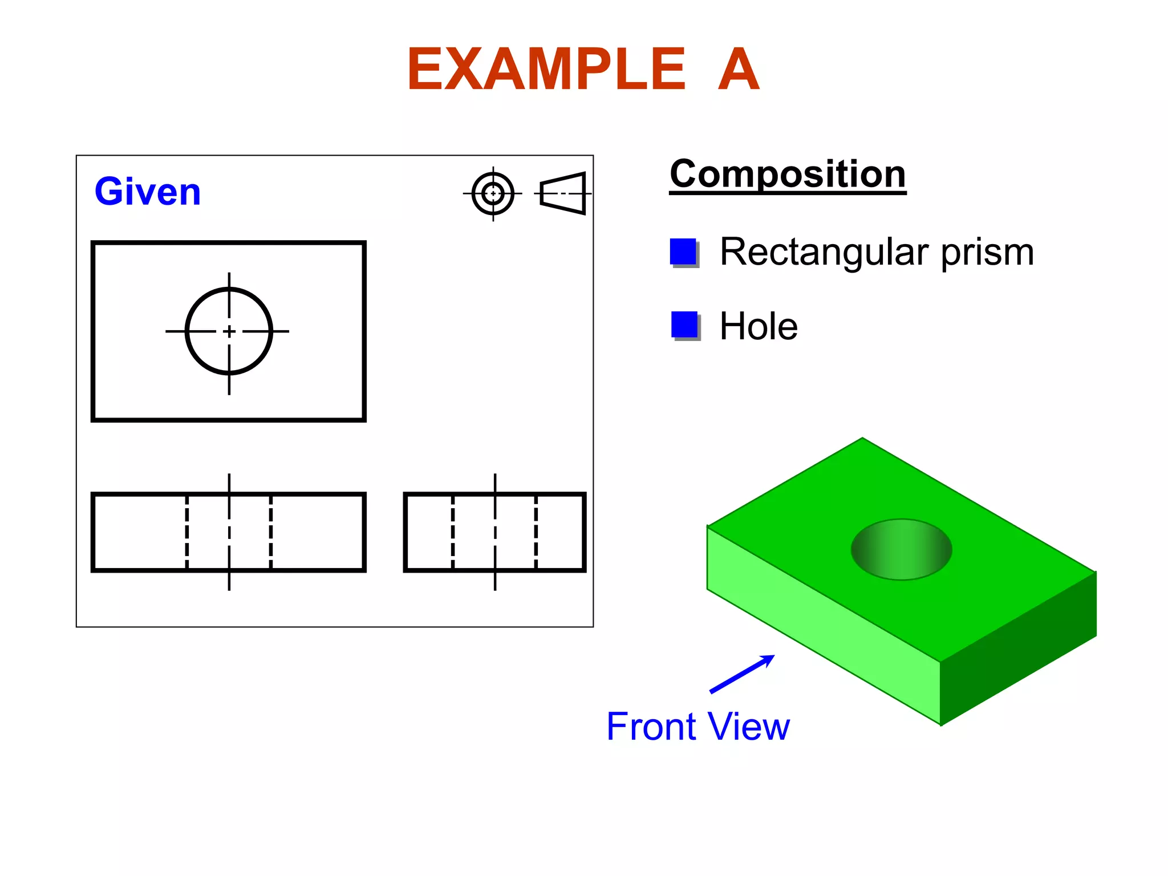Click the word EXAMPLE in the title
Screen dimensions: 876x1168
click(x=546, y=70)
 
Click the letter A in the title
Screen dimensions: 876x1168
click(x=739, y=70)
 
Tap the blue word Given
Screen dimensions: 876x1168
click(x=148, y=192)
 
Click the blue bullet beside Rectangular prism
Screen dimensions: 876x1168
click(x=683, y=252)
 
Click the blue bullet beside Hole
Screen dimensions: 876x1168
click(x=684, y=325)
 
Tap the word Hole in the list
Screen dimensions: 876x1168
click(x=759, y=326)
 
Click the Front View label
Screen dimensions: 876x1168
click(x=697, y=727)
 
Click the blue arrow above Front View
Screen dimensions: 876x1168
click(x=741, y=674)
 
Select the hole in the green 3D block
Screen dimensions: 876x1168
click(x=901, y=549)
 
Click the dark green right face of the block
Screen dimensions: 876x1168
click(x=1019, y=648)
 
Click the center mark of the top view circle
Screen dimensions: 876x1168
click(x=229, y=331)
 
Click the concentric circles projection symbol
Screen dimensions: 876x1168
click(x=493, y=194)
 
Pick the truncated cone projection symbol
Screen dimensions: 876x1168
click(x=563, y=193)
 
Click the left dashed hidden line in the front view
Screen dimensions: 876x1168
click(x=187, y=532)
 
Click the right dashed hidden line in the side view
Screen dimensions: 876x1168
click(x=536, y=532)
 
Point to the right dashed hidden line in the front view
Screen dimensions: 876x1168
click(x=271, y=532)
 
